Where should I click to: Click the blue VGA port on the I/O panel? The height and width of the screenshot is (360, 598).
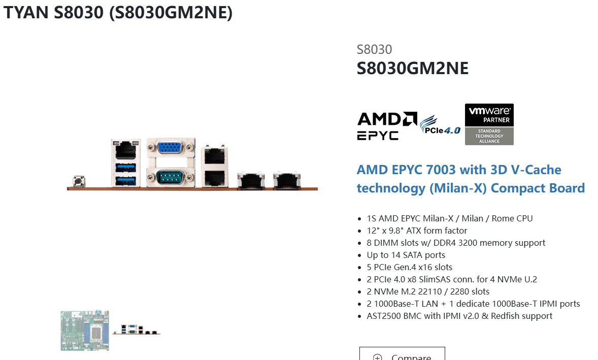coord(171,148)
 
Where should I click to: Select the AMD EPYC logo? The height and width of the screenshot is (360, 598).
coord(387,125)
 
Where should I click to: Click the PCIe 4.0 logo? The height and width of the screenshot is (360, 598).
coord(440,125)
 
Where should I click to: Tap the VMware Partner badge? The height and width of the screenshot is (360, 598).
coord(489,124)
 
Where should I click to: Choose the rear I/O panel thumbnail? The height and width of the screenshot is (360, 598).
coord(136,329)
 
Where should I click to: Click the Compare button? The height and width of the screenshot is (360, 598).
coord(402,355)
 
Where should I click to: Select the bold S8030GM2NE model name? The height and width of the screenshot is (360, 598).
coord(412,68)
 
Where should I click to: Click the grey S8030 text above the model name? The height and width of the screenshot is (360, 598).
coord(374,49)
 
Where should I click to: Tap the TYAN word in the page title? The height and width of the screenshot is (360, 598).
coord(26,13)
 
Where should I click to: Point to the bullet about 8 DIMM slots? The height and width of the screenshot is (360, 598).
coord(455,243)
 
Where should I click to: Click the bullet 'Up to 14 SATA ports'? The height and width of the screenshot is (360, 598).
coord(406,255)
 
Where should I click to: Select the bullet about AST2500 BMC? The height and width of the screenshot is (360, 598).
coord(459,316)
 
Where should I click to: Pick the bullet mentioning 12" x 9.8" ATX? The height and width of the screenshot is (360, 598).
coord(416,231)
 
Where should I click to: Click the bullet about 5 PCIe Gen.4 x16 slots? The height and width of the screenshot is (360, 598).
coord(409,267)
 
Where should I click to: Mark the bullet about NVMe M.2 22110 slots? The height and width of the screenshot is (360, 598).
coord(427,291)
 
